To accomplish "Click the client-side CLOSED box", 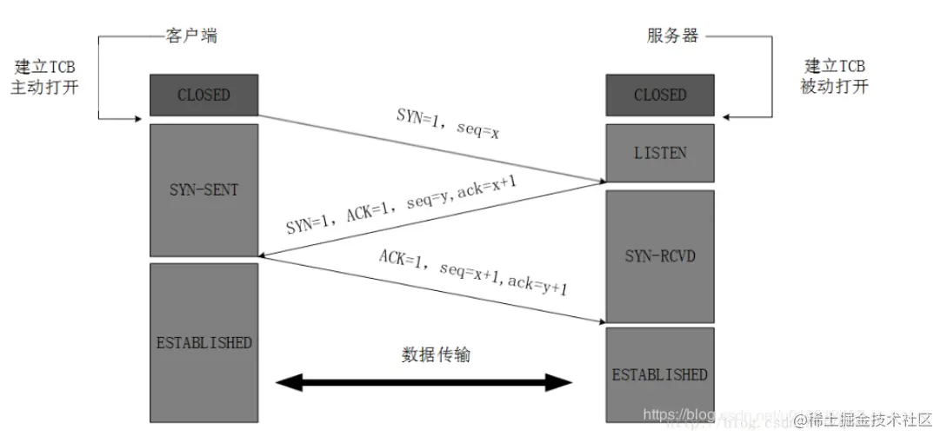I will pos(204,95).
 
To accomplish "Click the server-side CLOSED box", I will pos(660,95).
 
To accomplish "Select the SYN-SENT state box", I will pos(204,189).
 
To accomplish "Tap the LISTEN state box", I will pos(660,153).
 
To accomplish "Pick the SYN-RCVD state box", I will pos(660,256).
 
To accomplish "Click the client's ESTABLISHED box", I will pos(204,342).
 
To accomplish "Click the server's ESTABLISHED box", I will pos(660,375).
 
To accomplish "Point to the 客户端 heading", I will pos(190,36).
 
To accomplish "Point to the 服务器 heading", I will pos(671,36).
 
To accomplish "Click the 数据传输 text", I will pos(435,354).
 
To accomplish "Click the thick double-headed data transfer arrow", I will pos(423,382).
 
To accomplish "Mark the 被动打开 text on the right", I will pos(834,87).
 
